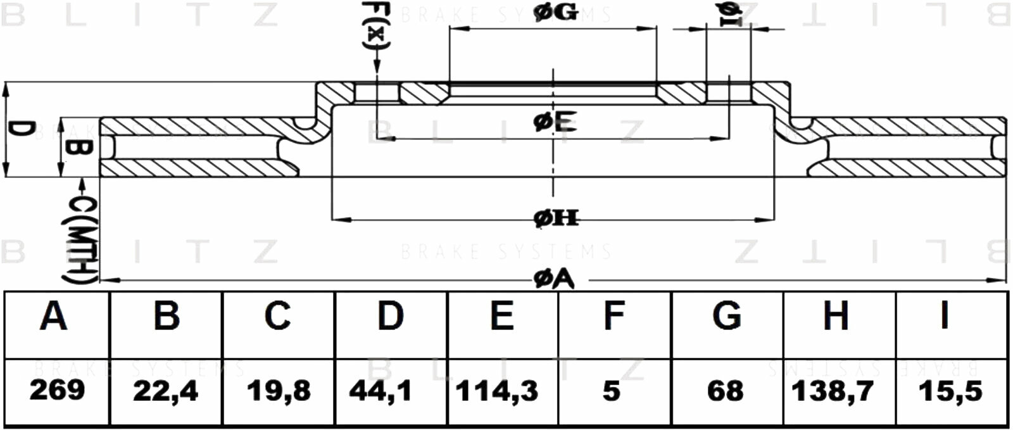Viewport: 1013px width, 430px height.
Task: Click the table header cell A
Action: click(54, 316)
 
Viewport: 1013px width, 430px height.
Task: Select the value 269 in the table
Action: click(57, 390)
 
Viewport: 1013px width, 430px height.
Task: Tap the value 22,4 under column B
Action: click(165, 391)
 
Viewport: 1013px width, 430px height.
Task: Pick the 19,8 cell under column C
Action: click(278, 391)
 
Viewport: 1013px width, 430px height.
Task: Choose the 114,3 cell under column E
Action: click(496, 391)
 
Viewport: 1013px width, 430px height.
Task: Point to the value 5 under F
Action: click(611, 391)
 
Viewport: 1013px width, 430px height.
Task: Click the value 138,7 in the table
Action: click(833, 391)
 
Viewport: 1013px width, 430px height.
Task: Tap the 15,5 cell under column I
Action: click(950, 391)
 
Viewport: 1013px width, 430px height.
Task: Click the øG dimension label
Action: click(555, 13)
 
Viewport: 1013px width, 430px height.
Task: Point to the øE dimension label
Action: click(555, 122)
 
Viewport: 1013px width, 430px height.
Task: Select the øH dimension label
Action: click(556, 218)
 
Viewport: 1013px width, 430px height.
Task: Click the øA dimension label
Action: click(553, 279)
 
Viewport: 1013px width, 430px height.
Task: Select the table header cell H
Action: click(836, 316)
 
